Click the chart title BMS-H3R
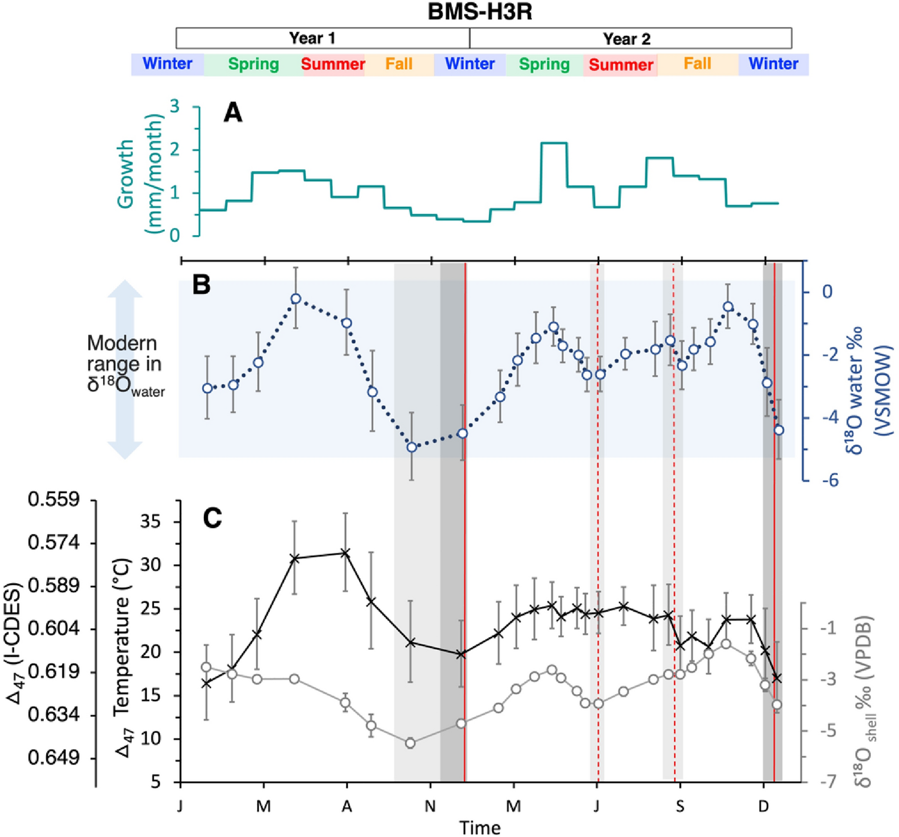479,12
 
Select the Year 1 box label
312,38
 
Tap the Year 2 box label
626,39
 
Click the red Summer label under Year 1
333,64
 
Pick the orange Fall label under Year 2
697,64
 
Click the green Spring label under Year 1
253,64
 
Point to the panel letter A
233,112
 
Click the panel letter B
202,284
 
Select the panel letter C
212,518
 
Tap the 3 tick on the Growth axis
175,107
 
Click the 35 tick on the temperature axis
150,521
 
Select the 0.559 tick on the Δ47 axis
54,499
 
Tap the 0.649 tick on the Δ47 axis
54,758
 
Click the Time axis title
479,827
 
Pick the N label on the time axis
430,806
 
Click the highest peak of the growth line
554,143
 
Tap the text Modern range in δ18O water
125,364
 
